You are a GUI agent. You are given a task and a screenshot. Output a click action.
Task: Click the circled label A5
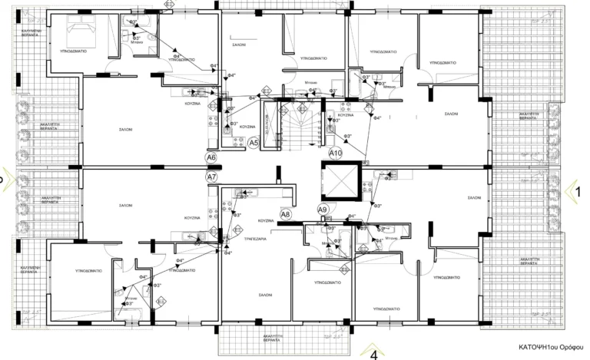(254, 142)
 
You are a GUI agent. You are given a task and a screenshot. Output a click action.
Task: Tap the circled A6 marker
(212, 158)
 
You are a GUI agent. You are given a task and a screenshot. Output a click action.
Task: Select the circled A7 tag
(213, 177)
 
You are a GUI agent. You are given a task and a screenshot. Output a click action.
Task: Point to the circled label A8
(285, 214)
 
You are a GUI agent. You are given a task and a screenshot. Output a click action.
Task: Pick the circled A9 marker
(323, 209)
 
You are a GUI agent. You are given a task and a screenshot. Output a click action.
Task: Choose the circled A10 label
(335, 154)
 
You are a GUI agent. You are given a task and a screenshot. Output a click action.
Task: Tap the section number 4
(374, 355)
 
